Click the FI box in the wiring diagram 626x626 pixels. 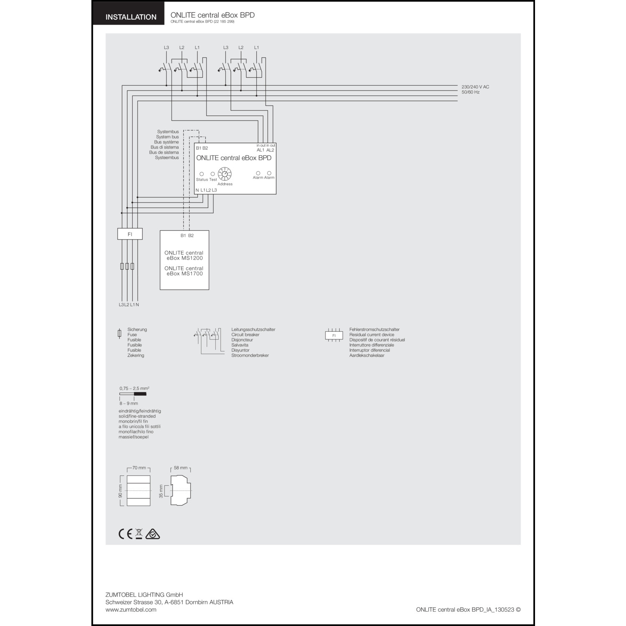tap(130, 234)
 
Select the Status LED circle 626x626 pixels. tap(202, 174)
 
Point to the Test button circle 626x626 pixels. tap(213, 174)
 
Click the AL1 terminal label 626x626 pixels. tap(260, 150)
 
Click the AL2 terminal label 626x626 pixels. tap(270, 150)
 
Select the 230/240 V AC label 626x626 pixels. tap(475, 87)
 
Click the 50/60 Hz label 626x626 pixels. tap(471, 92)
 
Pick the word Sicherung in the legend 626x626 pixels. tap(137, 330)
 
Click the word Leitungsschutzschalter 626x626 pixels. tap(253, 330)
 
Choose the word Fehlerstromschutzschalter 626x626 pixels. tap(374, 330)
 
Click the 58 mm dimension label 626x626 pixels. tap(181, 468)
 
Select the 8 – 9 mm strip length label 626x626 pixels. tap(129, 404)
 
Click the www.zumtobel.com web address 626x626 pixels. tap(131, 610)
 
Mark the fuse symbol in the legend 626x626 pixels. tap(120, 333)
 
